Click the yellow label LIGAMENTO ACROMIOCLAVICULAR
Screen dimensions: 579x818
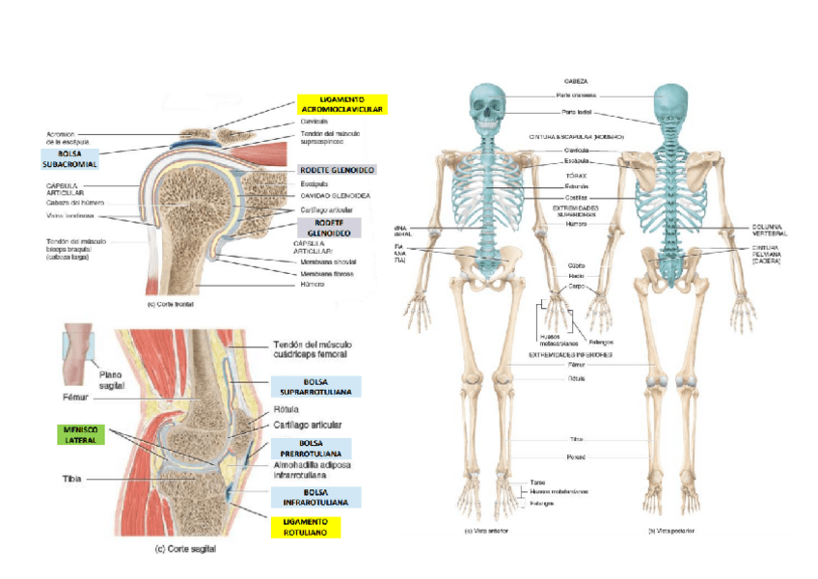point(341,105)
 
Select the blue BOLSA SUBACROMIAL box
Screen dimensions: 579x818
point(69,159)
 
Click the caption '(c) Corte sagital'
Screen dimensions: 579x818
point(186,550)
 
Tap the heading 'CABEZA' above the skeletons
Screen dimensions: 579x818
point(576,81)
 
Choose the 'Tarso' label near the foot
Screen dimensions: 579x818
point(537,482)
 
